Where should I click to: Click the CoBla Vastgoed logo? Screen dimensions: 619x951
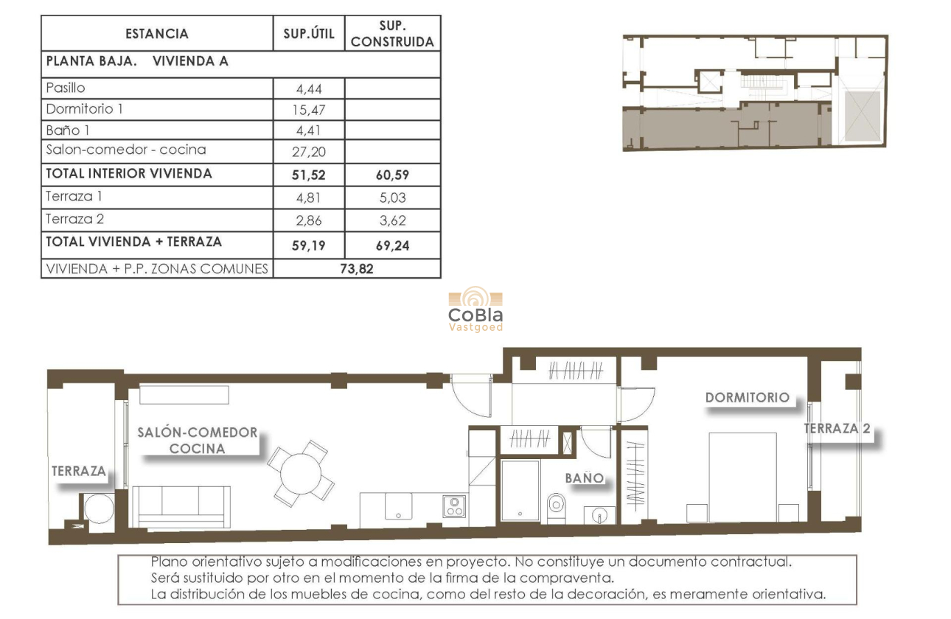pos(475,310)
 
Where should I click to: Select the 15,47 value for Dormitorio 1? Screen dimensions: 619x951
pos(310,111)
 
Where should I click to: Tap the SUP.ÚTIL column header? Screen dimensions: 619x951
pos(309,34)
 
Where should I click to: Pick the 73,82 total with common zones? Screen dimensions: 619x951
pos(356,269)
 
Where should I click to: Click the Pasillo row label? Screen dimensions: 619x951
pos(66,88)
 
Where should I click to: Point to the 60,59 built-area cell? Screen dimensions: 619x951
pos(392,175)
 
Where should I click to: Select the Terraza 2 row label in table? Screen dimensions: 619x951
pos(70,219)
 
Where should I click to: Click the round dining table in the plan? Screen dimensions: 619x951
pos(300,474)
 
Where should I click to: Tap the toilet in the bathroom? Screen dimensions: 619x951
pos(555,505)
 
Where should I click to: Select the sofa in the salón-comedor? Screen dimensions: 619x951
pos(181,506)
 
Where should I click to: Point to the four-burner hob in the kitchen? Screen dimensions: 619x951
pos(453,506)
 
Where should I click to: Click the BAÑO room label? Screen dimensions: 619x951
pos(585,478)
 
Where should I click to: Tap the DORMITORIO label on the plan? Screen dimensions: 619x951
pos(747,397)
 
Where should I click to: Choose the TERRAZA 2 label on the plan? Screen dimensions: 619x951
pos(836,428)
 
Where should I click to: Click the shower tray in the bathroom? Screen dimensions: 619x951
pos(520,490)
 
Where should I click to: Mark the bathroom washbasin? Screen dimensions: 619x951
pos(599,514)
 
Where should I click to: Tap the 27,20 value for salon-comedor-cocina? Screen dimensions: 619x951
pos(310,153)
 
